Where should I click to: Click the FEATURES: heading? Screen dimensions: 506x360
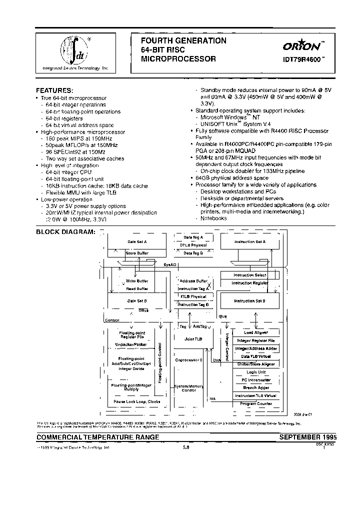point(54,90)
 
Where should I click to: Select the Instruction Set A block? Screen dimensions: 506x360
point(249,242)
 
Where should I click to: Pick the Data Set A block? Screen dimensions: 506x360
point(137,241)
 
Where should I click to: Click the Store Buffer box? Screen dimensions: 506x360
point(136,253)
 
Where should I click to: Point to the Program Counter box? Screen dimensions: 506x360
point(255,403)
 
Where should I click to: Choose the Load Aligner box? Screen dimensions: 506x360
point(255,332)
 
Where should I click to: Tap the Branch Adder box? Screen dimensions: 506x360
point(255,387)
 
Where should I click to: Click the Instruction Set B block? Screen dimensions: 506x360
point(249,301)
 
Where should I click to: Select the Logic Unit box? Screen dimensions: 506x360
point(255,372)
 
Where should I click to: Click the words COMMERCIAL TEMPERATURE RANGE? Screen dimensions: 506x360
point(98,437)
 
